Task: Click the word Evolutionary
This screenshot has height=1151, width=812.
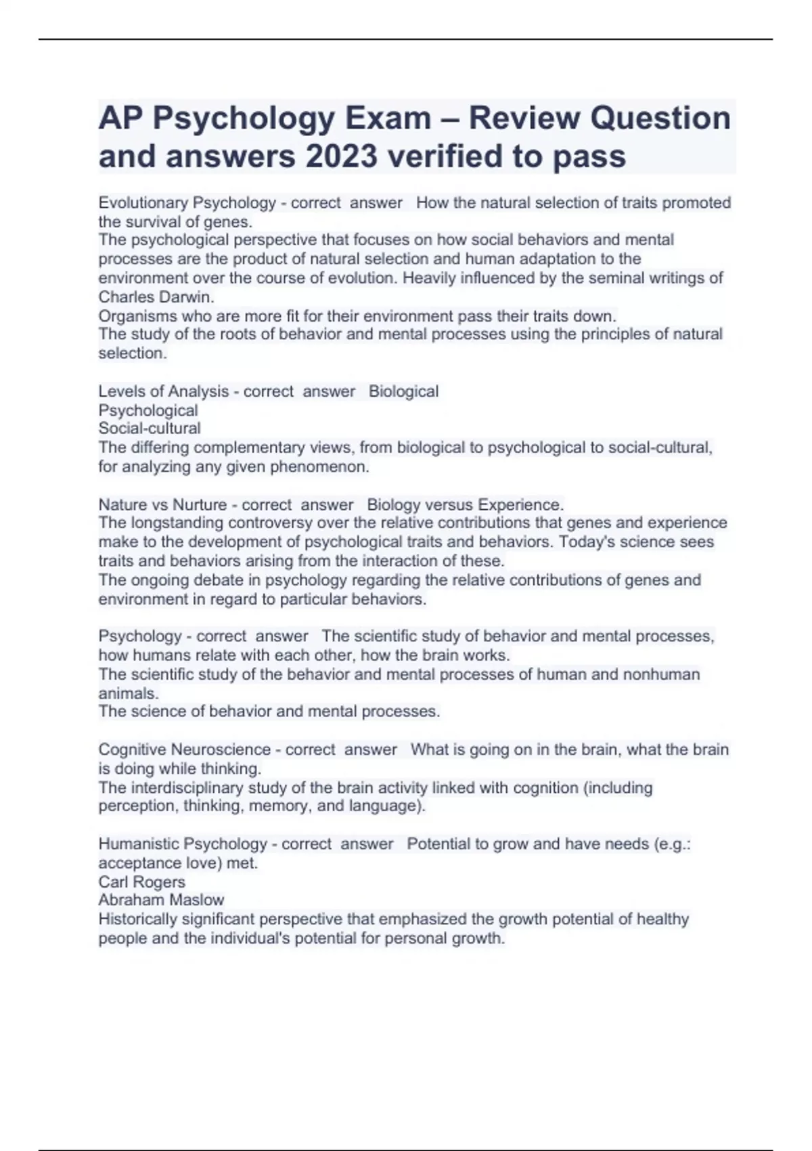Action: [x=143, y=203]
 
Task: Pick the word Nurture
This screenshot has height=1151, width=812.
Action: [x=200, y=505]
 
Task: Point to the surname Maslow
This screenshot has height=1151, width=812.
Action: [x=198, y=900]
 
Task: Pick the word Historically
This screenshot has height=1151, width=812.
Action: [x=139, y=919]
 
